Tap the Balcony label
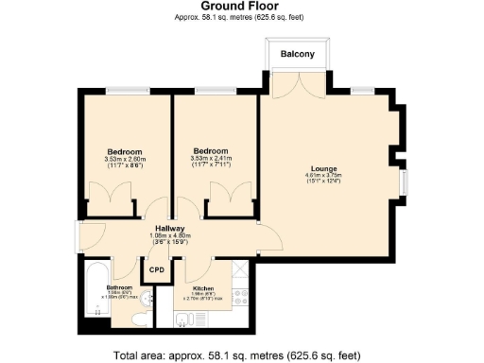click(296, 55)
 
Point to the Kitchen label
click(203, 288)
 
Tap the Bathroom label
click(120, 287)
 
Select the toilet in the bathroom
click(139, 320)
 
